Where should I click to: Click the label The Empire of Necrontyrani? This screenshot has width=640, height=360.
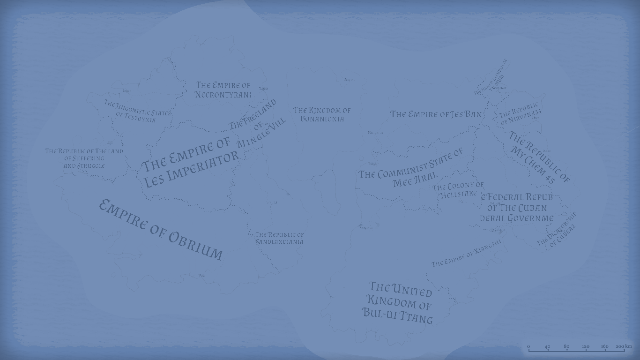tap(223, 90)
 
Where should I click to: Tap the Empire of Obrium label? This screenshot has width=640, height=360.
tap(161, 230)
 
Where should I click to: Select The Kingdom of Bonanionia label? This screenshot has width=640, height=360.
tap(322, 114)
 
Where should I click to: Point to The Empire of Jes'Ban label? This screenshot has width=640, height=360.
tap(436, 114)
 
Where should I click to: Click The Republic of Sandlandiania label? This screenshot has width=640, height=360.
tap(279, 238)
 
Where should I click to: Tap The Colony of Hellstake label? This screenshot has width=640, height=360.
tap(458, 190)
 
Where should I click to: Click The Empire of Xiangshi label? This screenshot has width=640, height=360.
tap(466, 254)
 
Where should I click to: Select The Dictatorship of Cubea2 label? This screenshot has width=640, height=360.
tap(557, 230)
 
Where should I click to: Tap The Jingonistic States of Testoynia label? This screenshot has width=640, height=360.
tap(137, 111)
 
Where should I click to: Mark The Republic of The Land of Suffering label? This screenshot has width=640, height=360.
tap(84, 158)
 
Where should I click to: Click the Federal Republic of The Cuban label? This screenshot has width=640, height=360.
tap(516, 208)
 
